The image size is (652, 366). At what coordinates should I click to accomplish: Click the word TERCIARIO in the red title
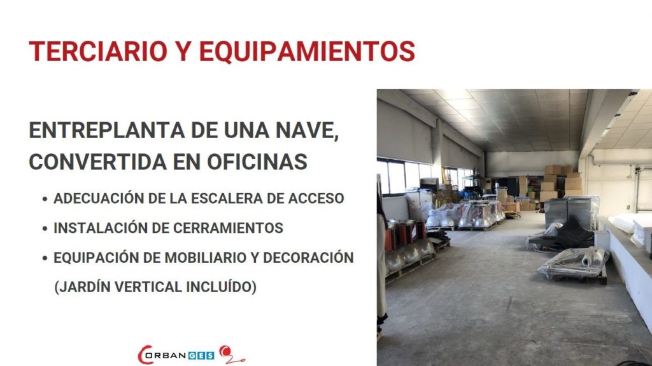pos(98,52)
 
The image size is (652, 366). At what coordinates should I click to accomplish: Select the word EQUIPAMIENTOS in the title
pos(307,52)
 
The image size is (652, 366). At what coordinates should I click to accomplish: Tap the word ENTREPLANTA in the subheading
pos(107,130)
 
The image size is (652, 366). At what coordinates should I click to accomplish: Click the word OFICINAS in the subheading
pos(257,162)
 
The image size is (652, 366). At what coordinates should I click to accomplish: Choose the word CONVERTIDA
pos(98,162)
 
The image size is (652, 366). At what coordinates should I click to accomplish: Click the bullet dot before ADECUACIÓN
pos(45,199)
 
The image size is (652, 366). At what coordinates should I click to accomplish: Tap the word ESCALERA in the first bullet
pos(226,199)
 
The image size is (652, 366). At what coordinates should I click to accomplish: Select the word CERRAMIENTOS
pos(228,228)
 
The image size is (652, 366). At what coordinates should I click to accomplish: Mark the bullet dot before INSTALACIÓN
pos(45,229)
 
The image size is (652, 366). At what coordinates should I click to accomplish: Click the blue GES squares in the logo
pos(201,356)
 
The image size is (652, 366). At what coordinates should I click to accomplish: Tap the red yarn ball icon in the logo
pos(225,352)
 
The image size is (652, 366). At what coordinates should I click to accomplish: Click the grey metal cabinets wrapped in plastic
pos(571,213)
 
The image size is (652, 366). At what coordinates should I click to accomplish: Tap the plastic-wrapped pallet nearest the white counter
pos(574,265)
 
